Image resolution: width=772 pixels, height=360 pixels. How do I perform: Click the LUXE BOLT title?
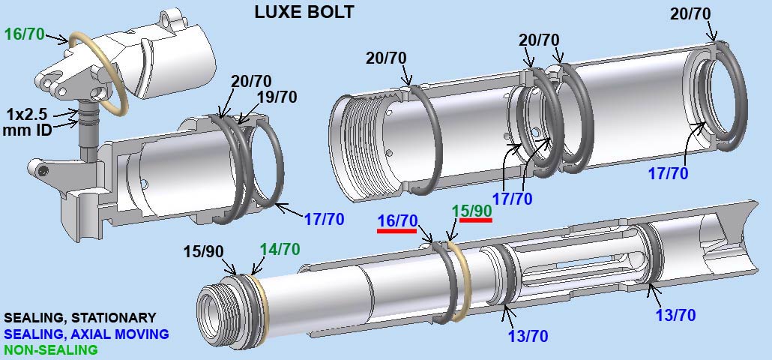pyautogui.click(x=304, y=12)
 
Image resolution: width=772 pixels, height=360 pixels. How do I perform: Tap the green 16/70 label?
pyautogui.click(x=25, y=34)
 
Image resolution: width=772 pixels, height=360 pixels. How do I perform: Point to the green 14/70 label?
pyautogui.click(x=280, y=249)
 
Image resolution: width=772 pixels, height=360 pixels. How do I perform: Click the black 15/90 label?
pyautogui.click(x=203, y=251)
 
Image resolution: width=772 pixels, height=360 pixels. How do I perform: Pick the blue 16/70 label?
pyautogui.click(x=397, y=220)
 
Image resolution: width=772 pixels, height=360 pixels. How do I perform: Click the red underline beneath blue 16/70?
pyautogui.click(x=396, y=230)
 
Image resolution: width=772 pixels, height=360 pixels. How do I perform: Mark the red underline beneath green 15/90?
pyautogui.click(x=476, y=220)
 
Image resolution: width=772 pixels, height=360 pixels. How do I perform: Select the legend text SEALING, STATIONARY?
pyautogui.click(x=79, y=318)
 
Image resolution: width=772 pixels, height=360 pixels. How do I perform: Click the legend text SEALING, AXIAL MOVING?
pyautogui.click(x=86, y=334)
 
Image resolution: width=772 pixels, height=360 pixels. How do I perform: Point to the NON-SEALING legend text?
pyautogui.click(x=51, y=350)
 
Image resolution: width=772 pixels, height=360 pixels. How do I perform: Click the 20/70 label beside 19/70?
pyautogui.click(x=251, y=81)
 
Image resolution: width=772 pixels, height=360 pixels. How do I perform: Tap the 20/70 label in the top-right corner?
pyautogui.click(x=690, y=13)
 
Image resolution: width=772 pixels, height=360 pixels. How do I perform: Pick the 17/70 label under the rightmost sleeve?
pyautogui.click(x=668, y=173)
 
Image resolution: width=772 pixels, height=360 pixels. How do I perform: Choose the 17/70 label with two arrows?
pyautogui.click(x=512, y=199)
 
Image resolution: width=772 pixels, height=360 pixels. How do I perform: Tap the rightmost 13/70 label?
pyautogui.click(x=675, y=314)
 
